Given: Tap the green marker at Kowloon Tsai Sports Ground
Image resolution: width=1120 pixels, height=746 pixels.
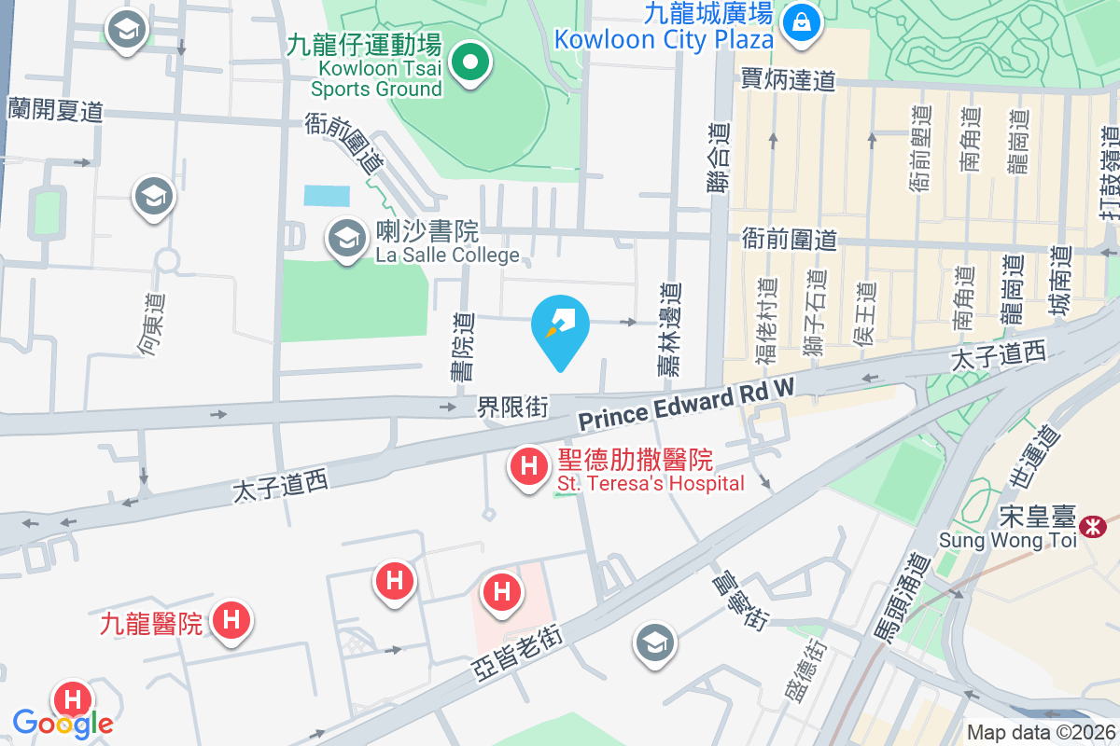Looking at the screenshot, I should [x=471, y=64].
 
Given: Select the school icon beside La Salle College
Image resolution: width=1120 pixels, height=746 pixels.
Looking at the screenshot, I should [x=347, y=239].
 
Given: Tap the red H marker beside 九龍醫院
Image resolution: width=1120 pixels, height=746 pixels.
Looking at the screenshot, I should [x=231, y=619].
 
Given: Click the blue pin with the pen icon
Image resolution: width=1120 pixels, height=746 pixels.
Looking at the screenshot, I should [x=560, y=326].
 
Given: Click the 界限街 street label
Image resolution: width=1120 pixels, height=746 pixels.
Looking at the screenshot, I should [x=511, y=407].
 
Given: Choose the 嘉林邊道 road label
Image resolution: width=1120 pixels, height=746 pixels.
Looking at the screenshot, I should [x=669, y=330].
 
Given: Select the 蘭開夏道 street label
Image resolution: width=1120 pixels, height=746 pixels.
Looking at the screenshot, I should [x=54, y=110].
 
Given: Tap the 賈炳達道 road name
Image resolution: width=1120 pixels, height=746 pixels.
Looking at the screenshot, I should [x=788, y=80].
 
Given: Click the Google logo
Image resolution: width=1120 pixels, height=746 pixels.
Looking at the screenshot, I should [x=63, y=723].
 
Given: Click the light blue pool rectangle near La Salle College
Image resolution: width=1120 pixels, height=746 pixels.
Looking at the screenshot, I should [x=327, y=196].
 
